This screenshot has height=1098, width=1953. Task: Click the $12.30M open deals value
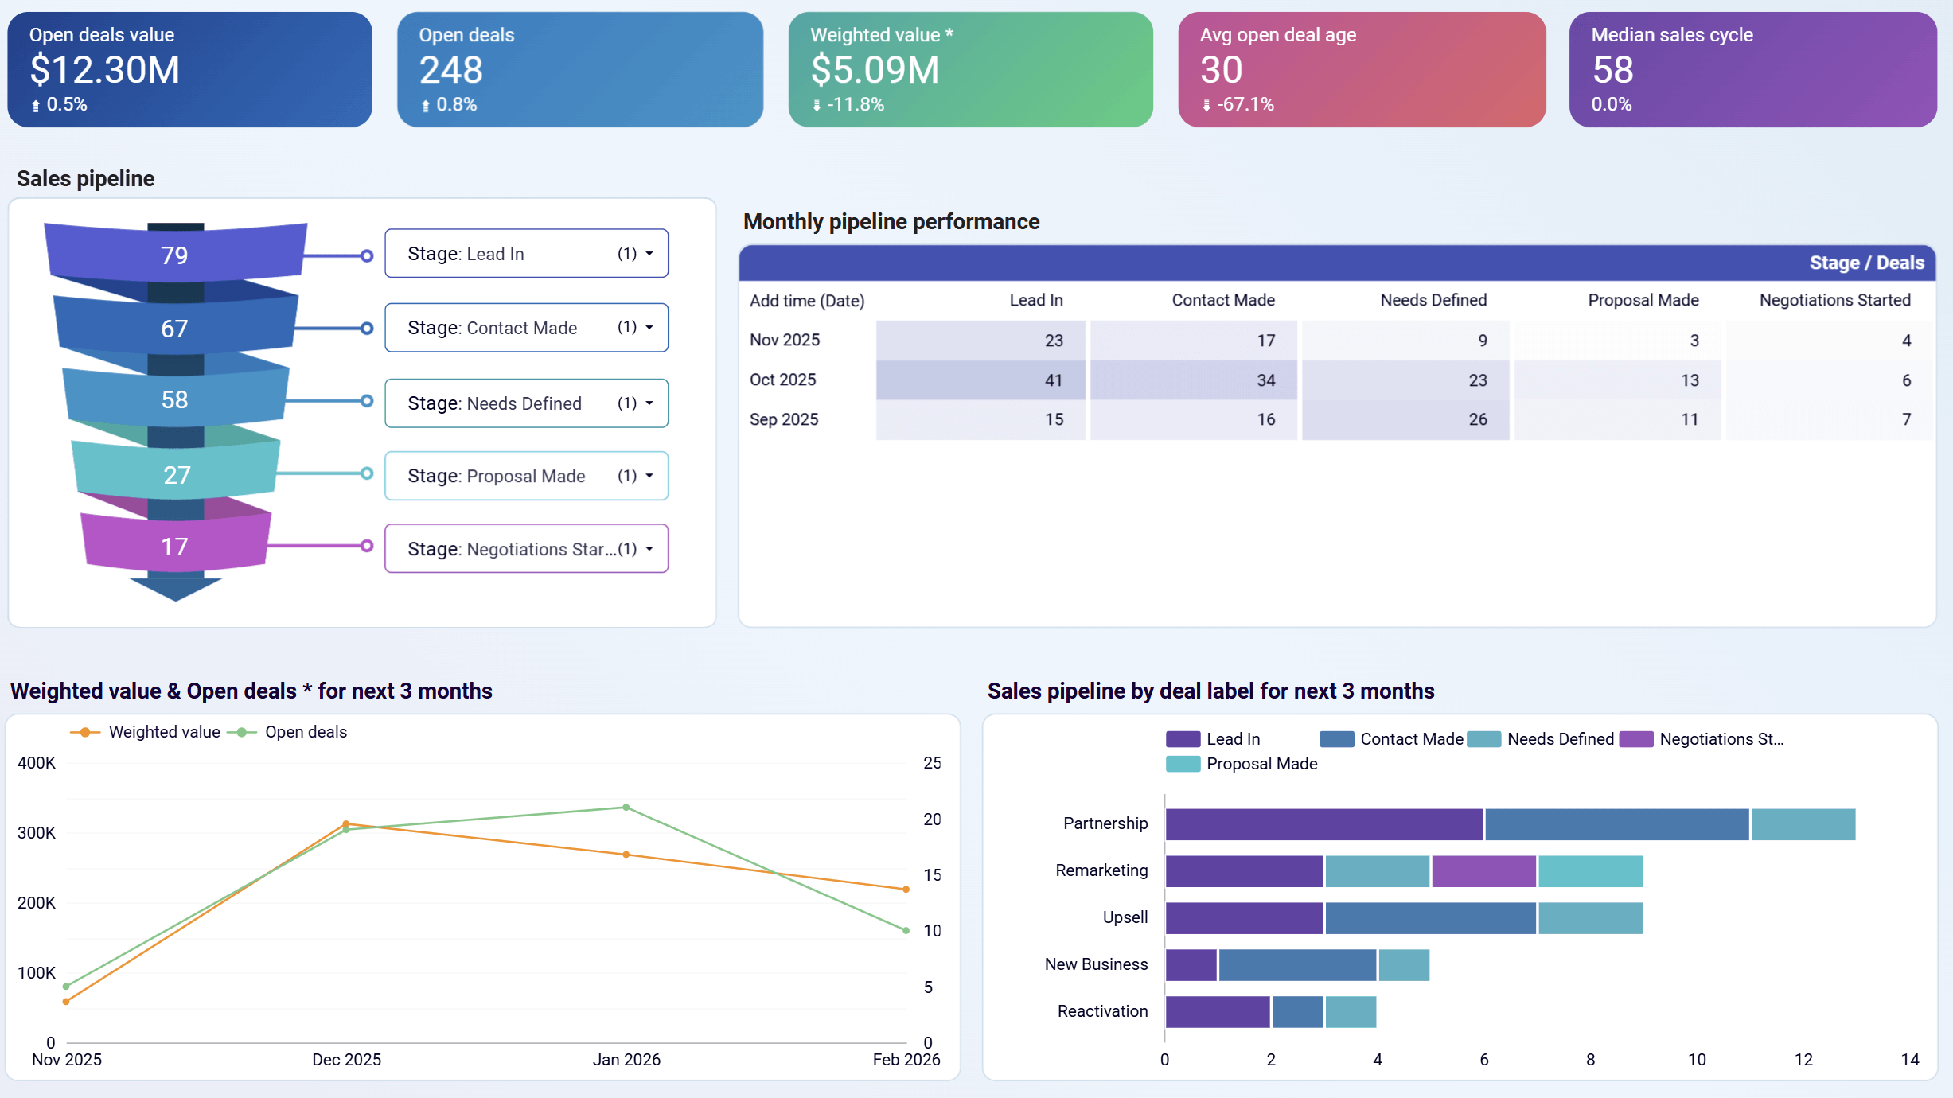104,70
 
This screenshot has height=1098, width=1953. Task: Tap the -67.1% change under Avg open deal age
1245,104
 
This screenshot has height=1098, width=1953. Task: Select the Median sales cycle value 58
1612,70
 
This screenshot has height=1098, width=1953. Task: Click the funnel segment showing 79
175,255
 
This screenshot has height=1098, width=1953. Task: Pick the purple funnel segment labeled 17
175,546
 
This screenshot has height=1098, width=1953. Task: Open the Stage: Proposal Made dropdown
526,476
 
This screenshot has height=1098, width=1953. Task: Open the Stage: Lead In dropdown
526,254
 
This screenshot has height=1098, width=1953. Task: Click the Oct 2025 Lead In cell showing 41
980,380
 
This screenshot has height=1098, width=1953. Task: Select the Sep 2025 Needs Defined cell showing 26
1405,419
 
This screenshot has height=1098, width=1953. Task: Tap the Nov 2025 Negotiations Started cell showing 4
1829,341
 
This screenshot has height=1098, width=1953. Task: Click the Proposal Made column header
1643,300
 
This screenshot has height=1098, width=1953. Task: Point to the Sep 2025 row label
784,419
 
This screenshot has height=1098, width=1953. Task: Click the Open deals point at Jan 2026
626,808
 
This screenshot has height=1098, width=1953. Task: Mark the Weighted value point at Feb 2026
906,889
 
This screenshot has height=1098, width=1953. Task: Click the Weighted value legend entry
146,732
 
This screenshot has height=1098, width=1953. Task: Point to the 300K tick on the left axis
37,833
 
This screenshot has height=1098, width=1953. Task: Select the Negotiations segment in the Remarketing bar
1483,871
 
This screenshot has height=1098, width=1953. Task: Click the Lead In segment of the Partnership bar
1323,824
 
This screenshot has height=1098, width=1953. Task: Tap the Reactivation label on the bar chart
1102,1011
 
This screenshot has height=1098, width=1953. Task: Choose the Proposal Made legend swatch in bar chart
1183,764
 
